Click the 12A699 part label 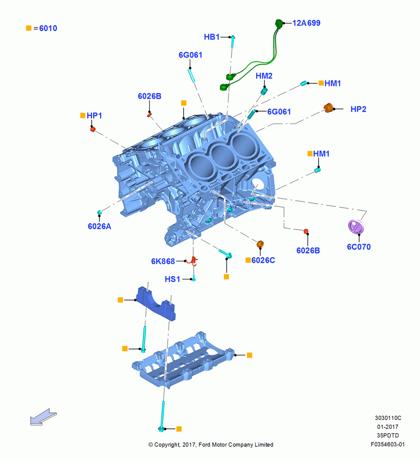pyautogui.click(x=306, y=23)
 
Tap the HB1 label pyautogui.click(x=212, y=37)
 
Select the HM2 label pyautogui.click(x=264, y=76)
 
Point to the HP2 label pyautogui.click(x=358, y=109)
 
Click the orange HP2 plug pyautogui.click(x=329, y=107)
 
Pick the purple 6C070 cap pyautogui.click(x=356, y=227)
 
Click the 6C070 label pyautogui.click(x=359, y=247)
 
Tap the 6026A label pyautogui.click(x=99, y=226)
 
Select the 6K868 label pyautogui.click(x=163, y=261)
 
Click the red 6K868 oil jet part pyautogui.click(x=193, y=260)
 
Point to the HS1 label pyautogui.click(x=172, y=279)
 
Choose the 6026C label pyautogui.click(x=263, y=260)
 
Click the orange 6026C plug pyautogui.click(x=260, y=244)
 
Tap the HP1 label pyautogui.click(x=94, y=116)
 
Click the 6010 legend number pyautogui.click(x=48, y=28)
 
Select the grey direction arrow pyautogui.click(x=43, y=417)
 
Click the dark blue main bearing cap pyautogui.click(x=156, y=304)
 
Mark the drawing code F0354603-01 pyautogui.click(x=388, y=444)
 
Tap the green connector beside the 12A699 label pyautogui.click(x=279, y=23)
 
